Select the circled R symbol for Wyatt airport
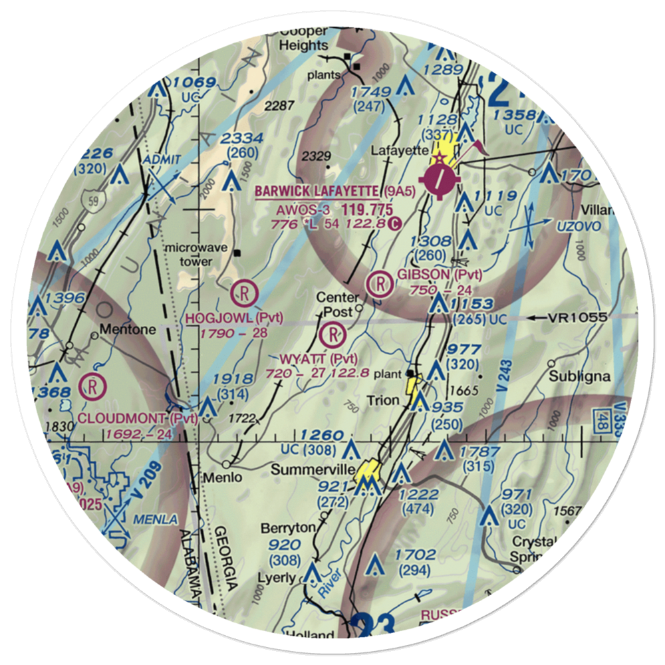(332, 332)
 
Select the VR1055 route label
(577, 318)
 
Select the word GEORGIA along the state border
(225, 559)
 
